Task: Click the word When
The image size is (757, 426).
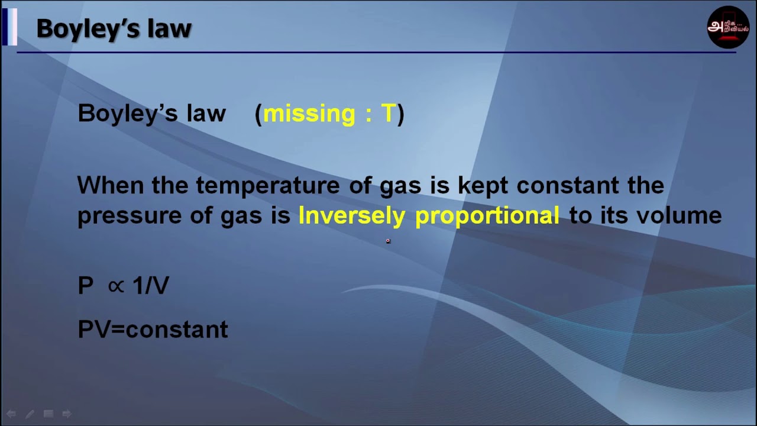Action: tap(111, 186)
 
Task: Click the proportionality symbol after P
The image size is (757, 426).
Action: tap(116, 286)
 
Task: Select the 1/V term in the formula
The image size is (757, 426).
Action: tap(151, 286)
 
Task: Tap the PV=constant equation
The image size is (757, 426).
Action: tap(153, 330)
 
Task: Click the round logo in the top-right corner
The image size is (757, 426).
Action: tap(728, 27)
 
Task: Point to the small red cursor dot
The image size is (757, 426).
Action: tap(388, 241)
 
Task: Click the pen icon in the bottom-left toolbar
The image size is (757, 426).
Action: tap(30, 414)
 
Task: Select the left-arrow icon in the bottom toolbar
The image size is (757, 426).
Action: tap(11, 414)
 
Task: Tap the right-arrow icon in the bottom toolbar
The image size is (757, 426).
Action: tap(66, 414)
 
